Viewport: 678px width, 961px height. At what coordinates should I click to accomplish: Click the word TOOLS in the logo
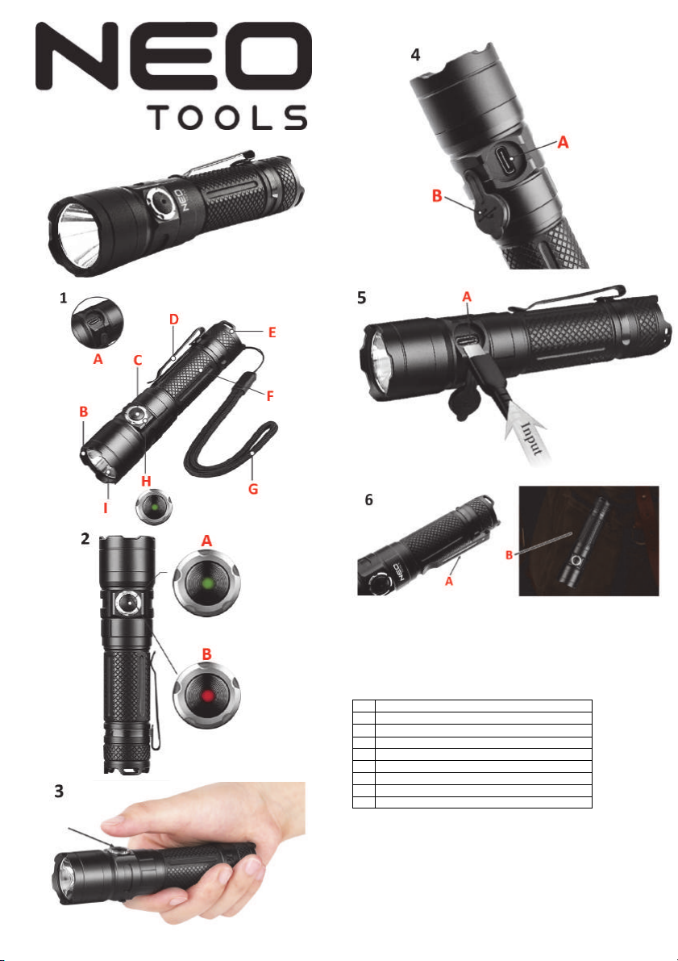point(227,117)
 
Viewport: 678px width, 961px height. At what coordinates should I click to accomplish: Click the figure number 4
point(415,55)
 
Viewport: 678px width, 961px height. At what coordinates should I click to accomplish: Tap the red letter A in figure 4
point(563,142)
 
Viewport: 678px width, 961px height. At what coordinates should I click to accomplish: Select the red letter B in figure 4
point(437,195)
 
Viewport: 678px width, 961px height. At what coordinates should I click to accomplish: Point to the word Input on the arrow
point(531,437)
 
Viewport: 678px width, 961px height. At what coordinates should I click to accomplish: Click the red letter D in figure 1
point(174,320)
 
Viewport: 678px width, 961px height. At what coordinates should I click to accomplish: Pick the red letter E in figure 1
point(272,332)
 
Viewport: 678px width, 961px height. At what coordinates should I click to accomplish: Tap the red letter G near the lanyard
point(253,489)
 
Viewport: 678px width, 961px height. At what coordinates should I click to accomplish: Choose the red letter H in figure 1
point(146,482)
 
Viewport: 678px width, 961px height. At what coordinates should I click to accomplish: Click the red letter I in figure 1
point(106,508)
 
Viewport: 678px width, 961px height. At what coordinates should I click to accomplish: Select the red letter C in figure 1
point(138,361)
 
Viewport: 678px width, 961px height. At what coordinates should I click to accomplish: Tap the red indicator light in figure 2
point(208,696)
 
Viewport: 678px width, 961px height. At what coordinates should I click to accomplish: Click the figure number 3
point(59,792)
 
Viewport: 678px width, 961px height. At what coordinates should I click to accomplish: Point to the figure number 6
point(368,500)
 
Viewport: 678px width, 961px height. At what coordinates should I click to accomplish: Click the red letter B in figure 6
point(509,556)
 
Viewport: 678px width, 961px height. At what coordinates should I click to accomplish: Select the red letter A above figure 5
point(467,297)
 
